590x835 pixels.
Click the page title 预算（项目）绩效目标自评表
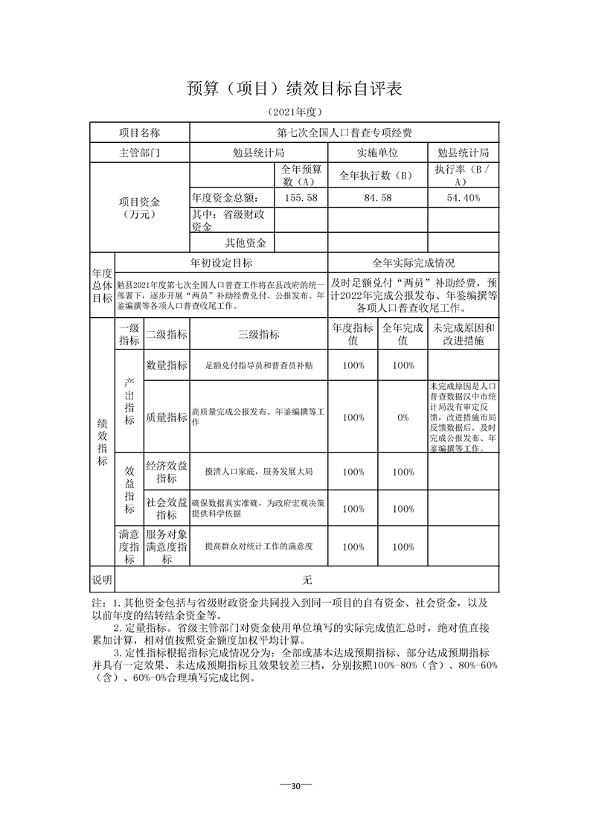click(x=295, y=89)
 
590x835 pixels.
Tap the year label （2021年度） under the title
click(x=295, y=112)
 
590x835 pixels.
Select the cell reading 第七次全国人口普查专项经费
click(x=344, y=132)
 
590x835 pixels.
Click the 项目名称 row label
click(x=140, y=132)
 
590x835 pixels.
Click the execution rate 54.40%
click(x=463, y=197)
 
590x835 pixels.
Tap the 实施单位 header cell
click(x=377, y=153)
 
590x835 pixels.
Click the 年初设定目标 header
click(x=222, y=263)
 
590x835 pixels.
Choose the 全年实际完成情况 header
click(x=414, y=263)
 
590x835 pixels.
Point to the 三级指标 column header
click(x=258, y=334)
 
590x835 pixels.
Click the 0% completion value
click(x=403, y=418)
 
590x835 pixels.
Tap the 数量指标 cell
click(x=167, y=365)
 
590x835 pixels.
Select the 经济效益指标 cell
click(x=167, y=472)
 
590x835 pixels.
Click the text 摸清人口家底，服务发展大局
click(x=258, y=472)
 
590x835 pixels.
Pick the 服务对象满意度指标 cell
click(x=167, y=546)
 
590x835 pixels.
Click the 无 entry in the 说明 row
click(x=307, y=580)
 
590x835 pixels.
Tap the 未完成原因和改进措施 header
click(x=463, y=334)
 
